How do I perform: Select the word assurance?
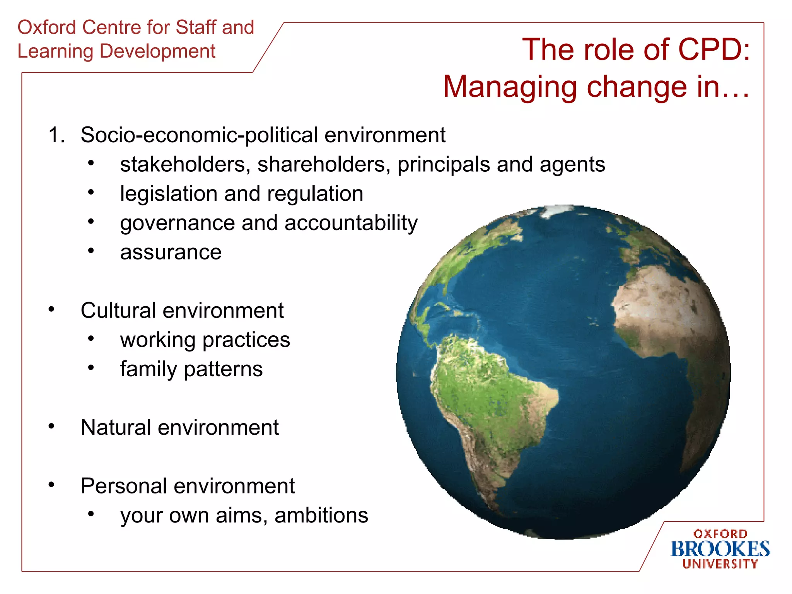tap(171, 253)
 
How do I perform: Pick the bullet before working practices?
tap(91, 339)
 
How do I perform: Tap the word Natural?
tap(116, 428)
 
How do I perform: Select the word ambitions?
tap(321, 515)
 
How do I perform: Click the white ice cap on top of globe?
tap(557, 211)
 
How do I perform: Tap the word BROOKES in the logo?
tap(720, 549)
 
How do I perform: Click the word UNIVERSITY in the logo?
tap(720, 564)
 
